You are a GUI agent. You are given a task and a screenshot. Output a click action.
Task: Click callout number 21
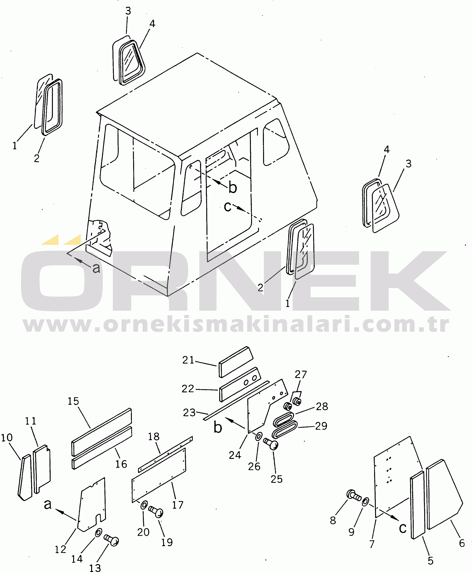[188, 360]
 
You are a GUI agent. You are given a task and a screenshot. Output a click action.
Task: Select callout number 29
[321, 426]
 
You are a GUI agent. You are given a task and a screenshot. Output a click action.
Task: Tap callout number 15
[73, 401]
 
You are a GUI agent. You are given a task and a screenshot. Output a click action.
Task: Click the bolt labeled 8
[354, 496]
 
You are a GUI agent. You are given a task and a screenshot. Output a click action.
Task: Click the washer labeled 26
[259, 437]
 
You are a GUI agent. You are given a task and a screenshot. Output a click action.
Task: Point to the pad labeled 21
[236, 362]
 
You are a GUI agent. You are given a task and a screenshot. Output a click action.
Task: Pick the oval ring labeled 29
[285, 429]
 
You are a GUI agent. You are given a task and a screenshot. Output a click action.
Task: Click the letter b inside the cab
[233, 187]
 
